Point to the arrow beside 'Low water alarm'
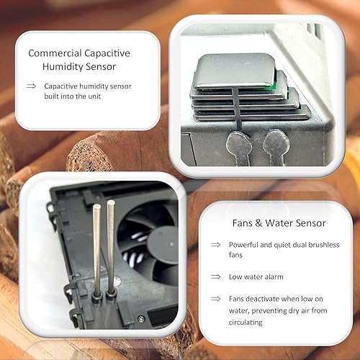coord(215,276)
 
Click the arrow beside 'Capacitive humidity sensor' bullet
coord(32,86)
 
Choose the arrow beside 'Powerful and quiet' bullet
coord(215,245)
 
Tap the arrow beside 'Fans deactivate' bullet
coord(215,298)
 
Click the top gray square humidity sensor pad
coord(234,71)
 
